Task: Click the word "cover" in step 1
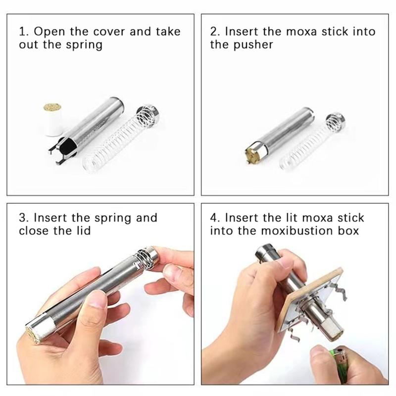tap(109, 32)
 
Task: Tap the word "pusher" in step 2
tap(253, 45)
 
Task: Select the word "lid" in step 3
tap(84, 231)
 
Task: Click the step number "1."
tap(24, 32)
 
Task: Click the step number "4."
tap(215, 218)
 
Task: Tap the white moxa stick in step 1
tap(52, 119)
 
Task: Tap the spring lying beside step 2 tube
tap(312, 143)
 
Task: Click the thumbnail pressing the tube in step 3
tap(98, 299)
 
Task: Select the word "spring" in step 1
tap(84, 45)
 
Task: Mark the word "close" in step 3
tap(34, 231)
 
